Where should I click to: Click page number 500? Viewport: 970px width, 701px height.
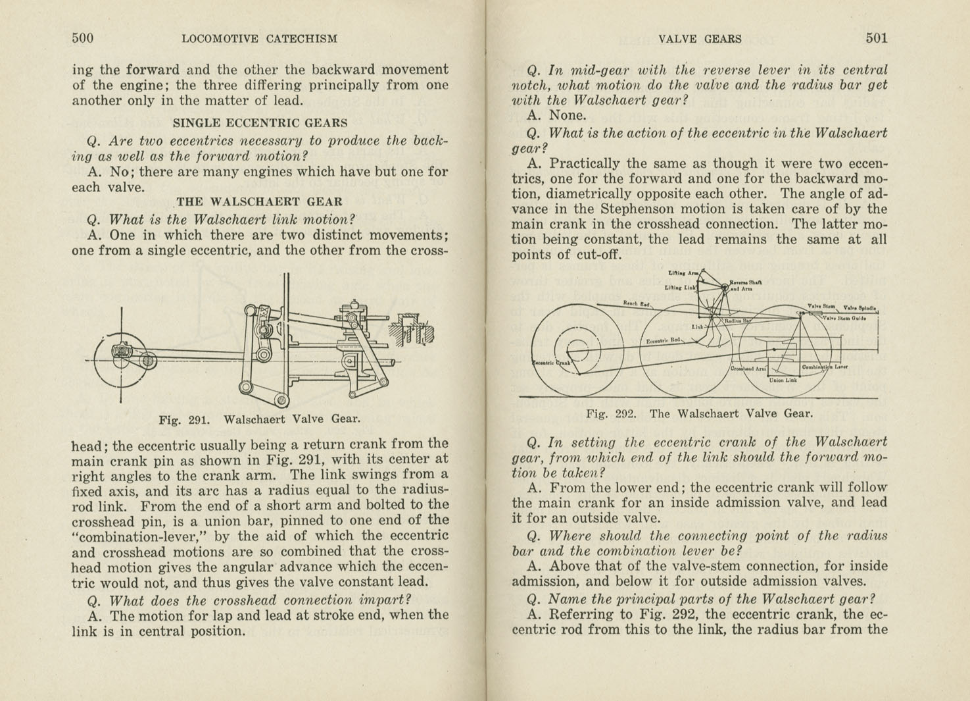(83, 38)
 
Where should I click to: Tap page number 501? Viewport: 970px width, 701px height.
(876, 38)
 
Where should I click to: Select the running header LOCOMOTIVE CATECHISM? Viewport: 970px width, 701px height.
(259, 39)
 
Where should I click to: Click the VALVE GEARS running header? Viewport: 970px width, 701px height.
(700, 39)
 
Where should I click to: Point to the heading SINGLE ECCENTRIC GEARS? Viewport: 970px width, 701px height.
(260, 122)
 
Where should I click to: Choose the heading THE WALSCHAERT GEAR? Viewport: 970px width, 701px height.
(259, 202)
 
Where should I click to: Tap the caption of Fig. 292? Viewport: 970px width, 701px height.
(699, 414)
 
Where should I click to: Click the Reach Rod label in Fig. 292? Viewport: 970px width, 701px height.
(636, 303)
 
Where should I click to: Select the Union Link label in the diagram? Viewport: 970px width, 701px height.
(783, 380)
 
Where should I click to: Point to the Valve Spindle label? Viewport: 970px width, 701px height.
(860, 307)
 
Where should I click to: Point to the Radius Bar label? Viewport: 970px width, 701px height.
(737, 321)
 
